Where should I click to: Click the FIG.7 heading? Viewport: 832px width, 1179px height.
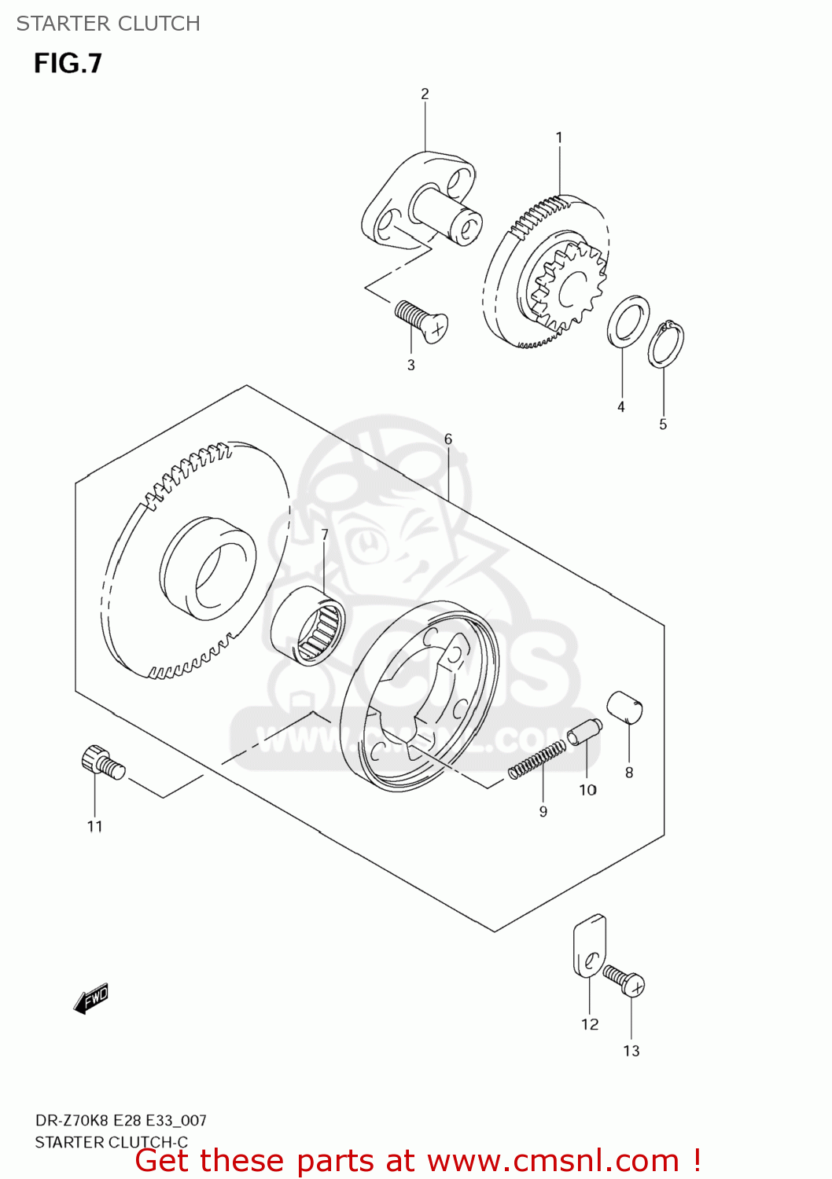68,64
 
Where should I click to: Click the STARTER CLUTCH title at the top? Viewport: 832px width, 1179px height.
108,24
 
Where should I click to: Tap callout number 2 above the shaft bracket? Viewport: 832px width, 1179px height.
425,94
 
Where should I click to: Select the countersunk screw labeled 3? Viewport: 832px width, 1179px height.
421,321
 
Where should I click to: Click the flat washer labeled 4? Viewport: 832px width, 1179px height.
628,321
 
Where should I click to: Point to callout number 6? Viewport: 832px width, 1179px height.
448,439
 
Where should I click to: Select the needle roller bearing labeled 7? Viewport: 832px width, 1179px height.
308,626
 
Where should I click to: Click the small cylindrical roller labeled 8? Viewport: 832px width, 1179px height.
625,706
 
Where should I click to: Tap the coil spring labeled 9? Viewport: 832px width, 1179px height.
536,760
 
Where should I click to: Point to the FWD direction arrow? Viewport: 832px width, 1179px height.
90,998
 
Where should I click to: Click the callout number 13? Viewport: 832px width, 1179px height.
631,1052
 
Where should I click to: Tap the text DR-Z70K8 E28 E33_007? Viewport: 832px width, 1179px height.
120,1121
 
